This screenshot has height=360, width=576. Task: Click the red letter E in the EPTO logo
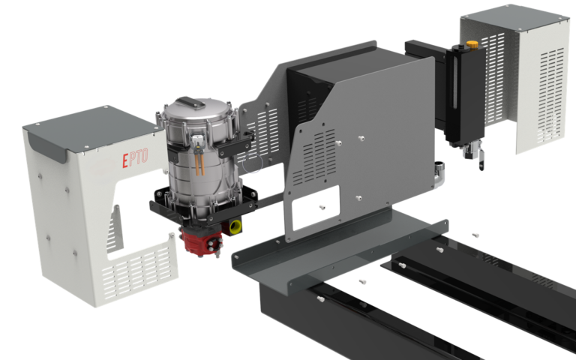(x=125, y=161)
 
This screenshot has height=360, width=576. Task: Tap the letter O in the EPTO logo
(x=144, y=156)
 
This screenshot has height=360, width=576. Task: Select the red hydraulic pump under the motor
(x=201, y=241)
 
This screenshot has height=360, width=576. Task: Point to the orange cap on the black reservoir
(x=472, y=45)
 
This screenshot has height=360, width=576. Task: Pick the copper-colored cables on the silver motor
(x=199, y=164)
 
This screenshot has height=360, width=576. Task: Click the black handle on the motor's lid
(x=190, y=103)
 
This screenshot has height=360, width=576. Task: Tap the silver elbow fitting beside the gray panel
(x=439, y=174)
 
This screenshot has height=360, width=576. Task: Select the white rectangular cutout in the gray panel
(x=316, y=208)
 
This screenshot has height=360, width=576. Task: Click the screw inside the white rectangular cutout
(x=322, y=208)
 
